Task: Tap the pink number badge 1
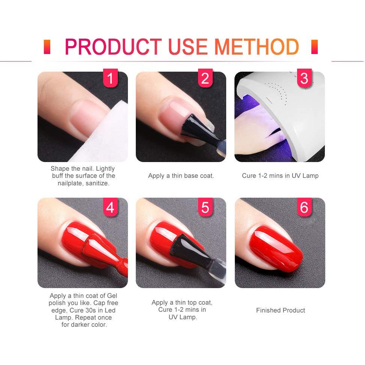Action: tap(110, 78)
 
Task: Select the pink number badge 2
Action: tap(205, 78)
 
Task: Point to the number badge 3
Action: tap(304, 78)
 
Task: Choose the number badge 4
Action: tap(110, 207)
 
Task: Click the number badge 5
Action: tap(205, 207)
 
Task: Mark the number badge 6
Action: tap(304, 207)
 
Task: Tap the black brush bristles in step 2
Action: tap(193, 126)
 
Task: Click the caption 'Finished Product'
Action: tap(281, 311)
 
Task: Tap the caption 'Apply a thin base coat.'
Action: tap(181, 176)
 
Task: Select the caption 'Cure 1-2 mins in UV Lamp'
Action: tap(280, 176)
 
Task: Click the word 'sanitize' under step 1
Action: tap(97, 183)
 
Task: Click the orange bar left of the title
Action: tap(47, 47)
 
